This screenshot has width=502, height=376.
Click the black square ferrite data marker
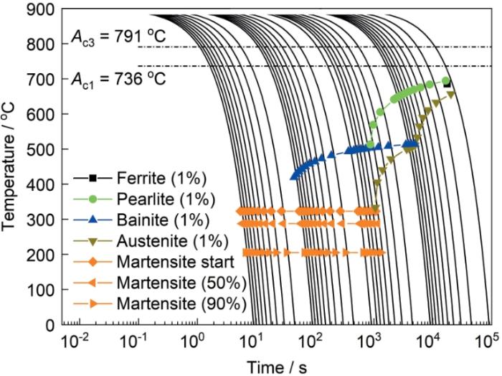pos(447,84)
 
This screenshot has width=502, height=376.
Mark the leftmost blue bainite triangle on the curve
pos(293,177)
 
